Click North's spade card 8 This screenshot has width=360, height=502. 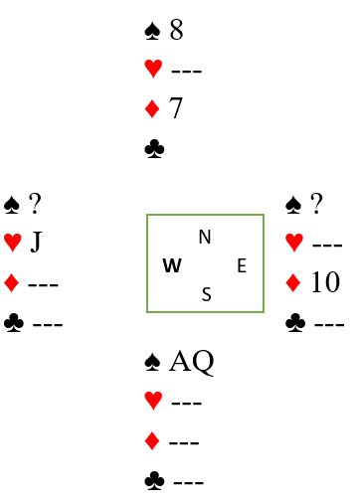tap(176, 30)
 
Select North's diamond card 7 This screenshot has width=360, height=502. tap(176, 108)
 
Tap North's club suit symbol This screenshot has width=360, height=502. tap(154, 148)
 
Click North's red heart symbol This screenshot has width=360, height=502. tap(153, 69)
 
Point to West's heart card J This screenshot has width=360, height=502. tap(37, 242)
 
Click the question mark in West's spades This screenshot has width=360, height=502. tap(35, 203)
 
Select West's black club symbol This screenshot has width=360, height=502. tap(14, 323)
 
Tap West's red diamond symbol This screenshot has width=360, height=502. tap(12, 283)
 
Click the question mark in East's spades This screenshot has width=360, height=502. tap(316, 203)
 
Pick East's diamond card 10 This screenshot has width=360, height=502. tap(325, 282)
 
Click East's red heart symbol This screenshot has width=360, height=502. tap(294, 243)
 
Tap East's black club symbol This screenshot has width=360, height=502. tap(295, 323)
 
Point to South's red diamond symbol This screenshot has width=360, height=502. tap(152, 441)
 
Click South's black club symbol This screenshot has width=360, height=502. tap(154, 481)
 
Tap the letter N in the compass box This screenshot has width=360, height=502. tap(205, 237)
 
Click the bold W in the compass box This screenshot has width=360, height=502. tap(172, 265)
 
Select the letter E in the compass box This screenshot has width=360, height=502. tap(242, 265)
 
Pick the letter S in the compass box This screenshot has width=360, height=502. tap(206, 294)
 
